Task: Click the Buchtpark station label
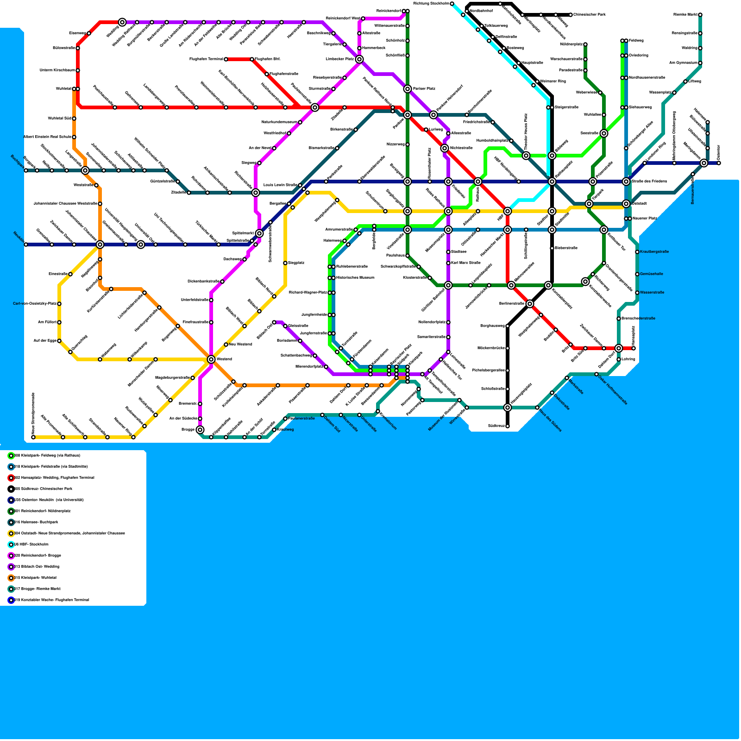pyautogui.click(x=17, y=161)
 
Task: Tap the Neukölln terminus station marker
pyautogui.click(x=26, y=245)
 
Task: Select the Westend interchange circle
pyautogui.click(x=211, y=359)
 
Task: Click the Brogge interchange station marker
pyautogui.click(x=200, y=430)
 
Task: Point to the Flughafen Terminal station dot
pyautogui.click(x=226, y=59)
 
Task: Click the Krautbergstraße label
pyautogui.click(x=654, y=252)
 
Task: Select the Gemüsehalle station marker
pyautogui.click(x=637, y=274)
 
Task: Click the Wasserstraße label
pyautogui.click(x=652, y=293)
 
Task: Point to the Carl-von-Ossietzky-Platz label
pyautogui.click(x=35, y=304)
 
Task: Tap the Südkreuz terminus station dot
pyautogui.click(x=508, y=426)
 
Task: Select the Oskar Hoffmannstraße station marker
pyautogui.click(x=597, y=374)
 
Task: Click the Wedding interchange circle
pyautogui.click(x=122, y=22)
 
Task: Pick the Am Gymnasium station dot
pyautogui.click(x=700, y=63)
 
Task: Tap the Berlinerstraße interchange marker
pyautogui.click(x=530, y=304)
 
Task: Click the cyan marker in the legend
pyautogui.click(x=11, y=545)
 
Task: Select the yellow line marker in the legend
pyautogui.click(x=11, y=534)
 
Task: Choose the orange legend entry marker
pyautogui.click(x=11, y=578)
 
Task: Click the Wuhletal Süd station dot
pyautogui.click(x=74, y=119)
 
